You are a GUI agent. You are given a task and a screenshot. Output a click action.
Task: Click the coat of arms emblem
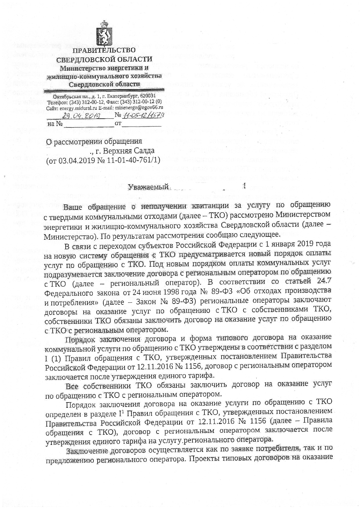pyautogui.click(x=104, y=34)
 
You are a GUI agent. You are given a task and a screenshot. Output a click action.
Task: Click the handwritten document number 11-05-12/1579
pyautogui.click(x=143, y=115)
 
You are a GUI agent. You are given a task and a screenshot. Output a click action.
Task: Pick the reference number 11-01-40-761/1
pyautogui.click(x=134, y=160)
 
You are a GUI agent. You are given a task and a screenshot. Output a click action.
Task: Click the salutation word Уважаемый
pyautogui.click(x=149, y=187)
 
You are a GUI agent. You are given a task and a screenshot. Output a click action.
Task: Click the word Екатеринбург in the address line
pyautogui.click(x=123, y=96)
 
